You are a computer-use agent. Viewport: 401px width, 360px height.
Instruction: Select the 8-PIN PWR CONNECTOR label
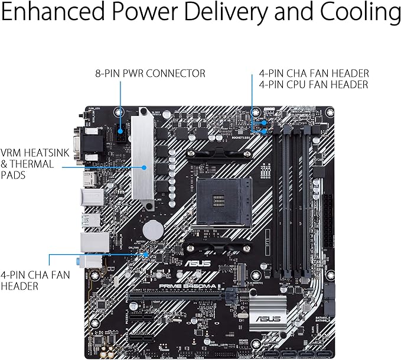(x=150, y=74)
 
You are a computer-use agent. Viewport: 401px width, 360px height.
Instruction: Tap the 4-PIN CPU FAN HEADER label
(x=314, y=85)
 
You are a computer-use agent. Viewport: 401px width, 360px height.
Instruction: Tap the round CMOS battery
(x=155, y=229)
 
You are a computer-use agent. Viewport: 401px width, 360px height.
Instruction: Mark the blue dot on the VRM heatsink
(x=144, y=167)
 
